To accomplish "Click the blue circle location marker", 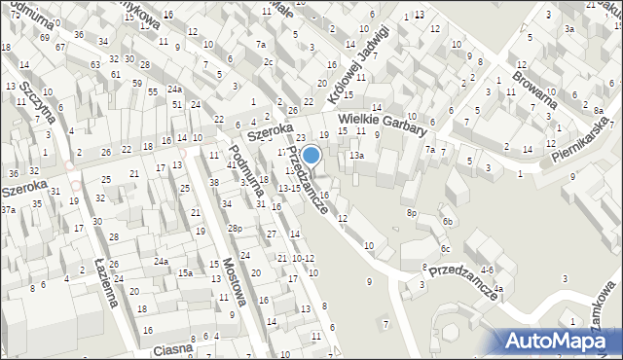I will [311, 155].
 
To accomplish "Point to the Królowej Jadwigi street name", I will [357, 56].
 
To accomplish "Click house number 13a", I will [357, 156].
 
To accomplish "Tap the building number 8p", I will [412, 212].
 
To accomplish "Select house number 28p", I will [235, 229].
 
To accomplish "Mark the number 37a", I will [8, 210].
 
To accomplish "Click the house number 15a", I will [184, 273].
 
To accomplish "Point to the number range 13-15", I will [289, 188].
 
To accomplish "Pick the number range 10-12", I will [303, 258].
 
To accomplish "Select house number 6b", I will [448, 222].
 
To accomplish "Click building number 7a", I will [429, 149].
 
